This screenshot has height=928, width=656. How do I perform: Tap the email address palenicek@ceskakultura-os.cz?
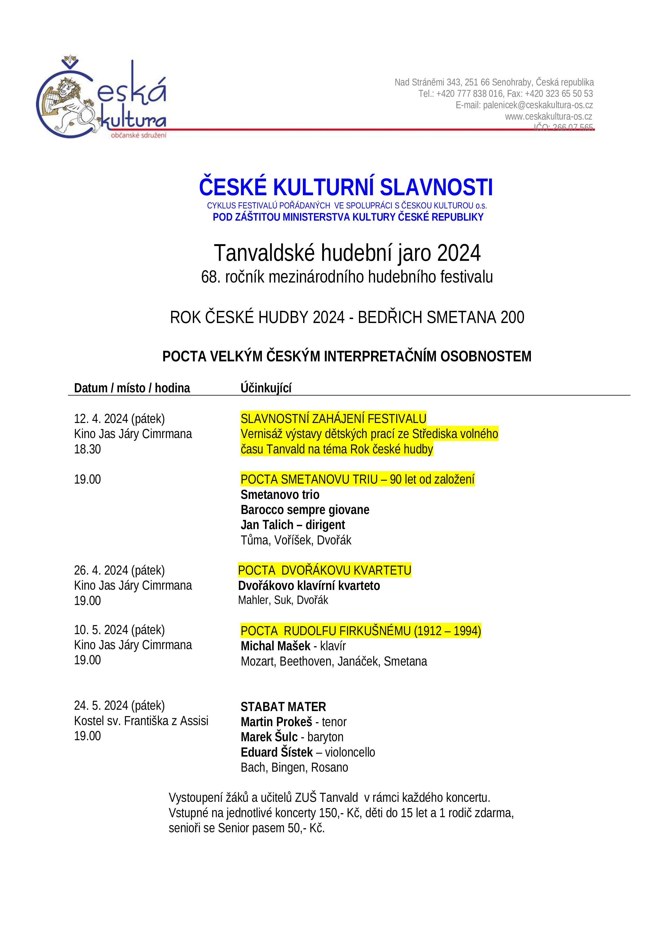(537, 105)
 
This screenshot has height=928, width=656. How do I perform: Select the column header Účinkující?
(266, 388)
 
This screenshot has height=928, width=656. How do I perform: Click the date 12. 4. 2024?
(101, 419)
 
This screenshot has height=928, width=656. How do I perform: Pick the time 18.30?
(87, 449)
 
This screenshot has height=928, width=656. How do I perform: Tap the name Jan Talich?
(267, 525)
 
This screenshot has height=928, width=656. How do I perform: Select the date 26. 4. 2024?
(101, 570)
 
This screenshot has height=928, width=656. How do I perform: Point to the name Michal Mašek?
(275, 646)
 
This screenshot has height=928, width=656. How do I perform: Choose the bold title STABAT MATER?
(283, 707)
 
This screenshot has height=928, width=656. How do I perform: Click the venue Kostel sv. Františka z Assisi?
(141, 721)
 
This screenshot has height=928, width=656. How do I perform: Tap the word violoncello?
(350, 752)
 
